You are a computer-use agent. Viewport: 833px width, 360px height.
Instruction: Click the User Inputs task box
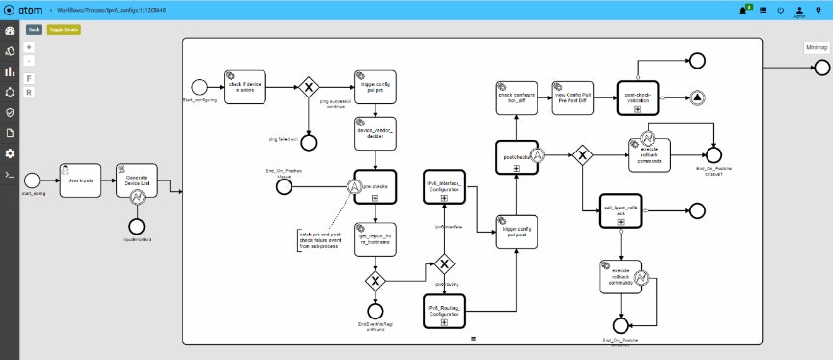[80, 180]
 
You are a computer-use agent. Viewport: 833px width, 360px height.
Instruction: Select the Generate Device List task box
[136, 180]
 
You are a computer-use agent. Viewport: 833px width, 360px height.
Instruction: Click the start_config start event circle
[32, 180]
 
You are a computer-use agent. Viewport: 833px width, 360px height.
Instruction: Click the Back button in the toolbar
[34, 30]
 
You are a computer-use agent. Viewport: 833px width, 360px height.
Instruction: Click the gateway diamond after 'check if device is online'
[309, 87]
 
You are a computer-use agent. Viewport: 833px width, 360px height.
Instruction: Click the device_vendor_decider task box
[375, 134]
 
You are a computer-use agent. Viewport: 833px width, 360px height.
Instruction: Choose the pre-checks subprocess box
[375, 186]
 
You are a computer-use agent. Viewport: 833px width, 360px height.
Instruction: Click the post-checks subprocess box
[516, 155]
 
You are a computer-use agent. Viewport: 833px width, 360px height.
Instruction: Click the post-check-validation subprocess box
[638, 97]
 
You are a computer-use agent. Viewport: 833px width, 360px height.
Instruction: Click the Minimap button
[816, 47]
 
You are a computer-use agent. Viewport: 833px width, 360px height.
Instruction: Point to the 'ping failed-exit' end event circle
[309, 142]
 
